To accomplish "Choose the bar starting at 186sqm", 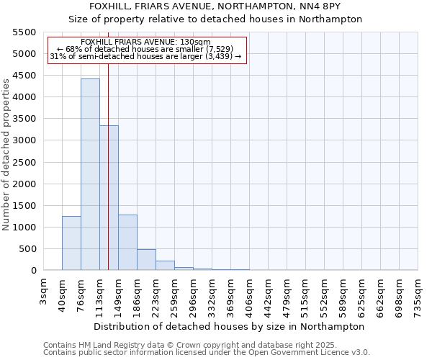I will (x=146, y=260).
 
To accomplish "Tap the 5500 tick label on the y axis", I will (x=23, y=32).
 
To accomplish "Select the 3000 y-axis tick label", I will (x=23, y=141).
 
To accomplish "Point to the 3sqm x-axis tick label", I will (x=44, y=291).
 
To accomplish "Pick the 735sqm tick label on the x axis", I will (x=418, y=294).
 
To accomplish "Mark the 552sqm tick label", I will (x=325, y=294).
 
